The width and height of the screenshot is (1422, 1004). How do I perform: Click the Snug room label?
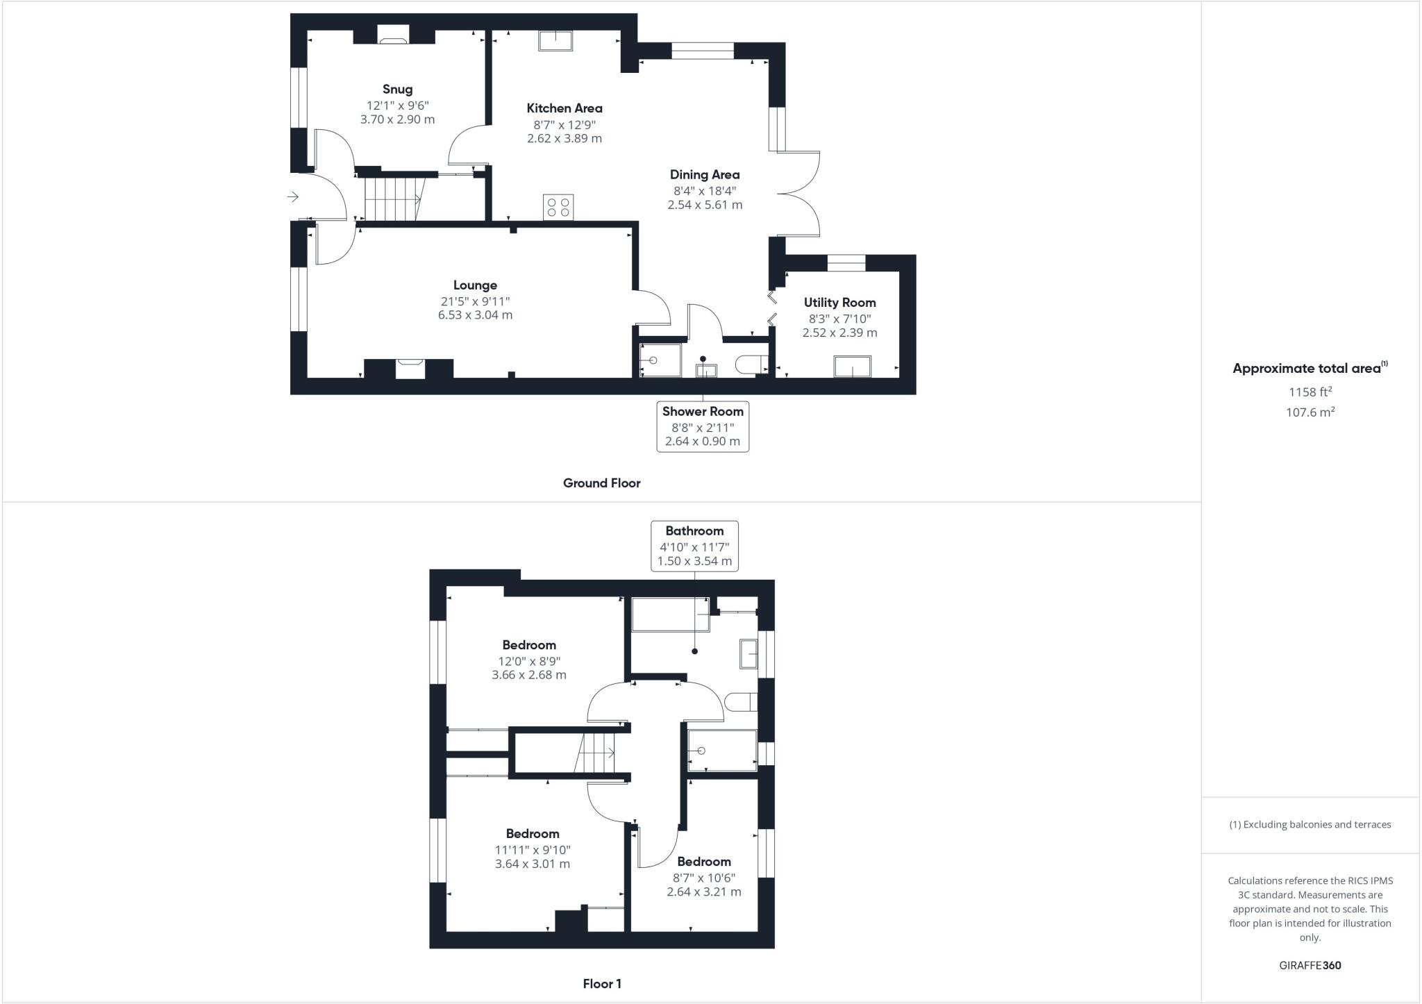click(397, 90)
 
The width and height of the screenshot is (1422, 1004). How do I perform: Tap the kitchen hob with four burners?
click(558, 207)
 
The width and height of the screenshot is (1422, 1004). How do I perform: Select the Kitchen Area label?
click(564, 108)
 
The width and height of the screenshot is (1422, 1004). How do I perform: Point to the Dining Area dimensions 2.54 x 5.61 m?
click(705, 205)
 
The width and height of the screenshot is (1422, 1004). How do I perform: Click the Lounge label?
click(475, 285)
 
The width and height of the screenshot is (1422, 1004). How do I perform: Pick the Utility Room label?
click(839, 303)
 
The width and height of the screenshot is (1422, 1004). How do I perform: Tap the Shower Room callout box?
click(703, 426)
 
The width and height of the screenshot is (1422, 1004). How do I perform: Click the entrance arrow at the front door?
click(293, 197)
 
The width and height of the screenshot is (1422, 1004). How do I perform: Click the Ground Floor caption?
click(601, 483)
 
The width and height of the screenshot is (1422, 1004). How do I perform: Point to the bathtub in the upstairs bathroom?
click(670, 614)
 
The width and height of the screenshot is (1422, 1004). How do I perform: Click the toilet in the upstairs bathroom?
click(739, 702)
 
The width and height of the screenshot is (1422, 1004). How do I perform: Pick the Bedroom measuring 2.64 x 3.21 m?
click(704, 876)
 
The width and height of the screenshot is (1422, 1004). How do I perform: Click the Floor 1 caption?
click(602, 984)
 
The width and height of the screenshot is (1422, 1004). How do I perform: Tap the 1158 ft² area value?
click(1310, 392)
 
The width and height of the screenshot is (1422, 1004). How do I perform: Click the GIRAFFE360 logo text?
click(1310, 965)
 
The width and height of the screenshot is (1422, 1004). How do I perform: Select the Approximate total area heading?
click(1308, 369)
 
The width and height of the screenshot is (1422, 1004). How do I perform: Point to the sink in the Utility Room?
click(852, 366)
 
